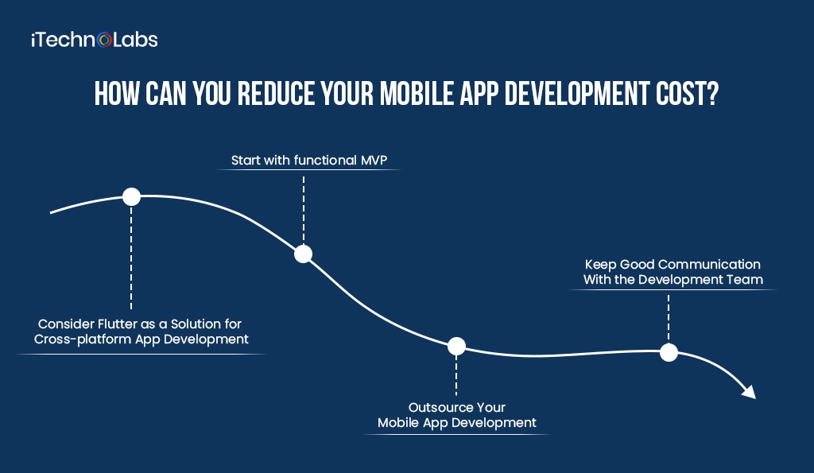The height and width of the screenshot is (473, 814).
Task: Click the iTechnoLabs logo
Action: pyautogui.click(x=95, y=40)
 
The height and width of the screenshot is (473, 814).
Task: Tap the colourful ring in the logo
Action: pyautogui.click(x=104, y=41)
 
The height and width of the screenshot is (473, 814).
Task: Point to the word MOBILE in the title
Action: pyautogui.click(x=413, y=94)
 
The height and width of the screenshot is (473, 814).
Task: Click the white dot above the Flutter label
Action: pyautogui.click(x=131, y=197)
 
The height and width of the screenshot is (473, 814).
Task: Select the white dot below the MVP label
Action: pyautogui.click(x=303, y=254)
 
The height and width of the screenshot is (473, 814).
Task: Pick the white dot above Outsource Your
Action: pyautogui.click(x=456, y=346)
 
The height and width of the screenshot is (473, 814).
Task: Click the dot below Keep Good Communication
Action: pyautogui.click(x=669, y=352)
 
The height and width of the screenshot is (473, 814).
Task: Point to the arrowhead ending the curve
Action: pyautogui.click(x=749, y=392)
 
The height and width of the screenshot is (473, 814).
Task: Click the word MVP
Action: pyautogui.click(x=374, y=160)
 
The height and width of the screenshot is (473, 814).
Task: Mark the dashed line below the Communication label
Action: pyautogui.click(x=669, y=319)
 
